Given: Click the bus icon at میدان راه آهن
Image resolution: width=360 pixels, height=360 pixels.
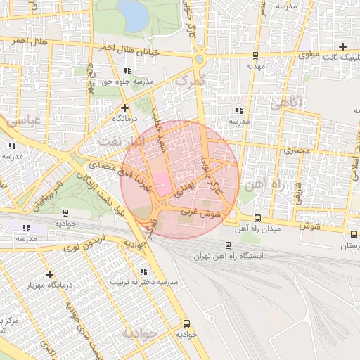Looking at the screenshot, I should tap(257, 218).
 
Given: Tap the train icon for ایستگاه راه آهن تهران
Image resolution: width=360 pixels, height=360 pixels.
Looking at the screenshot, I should tap(228, 245).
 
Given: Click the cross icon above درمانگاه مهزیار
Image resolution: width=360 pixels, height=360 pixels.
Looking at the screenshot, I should tap(49, 274).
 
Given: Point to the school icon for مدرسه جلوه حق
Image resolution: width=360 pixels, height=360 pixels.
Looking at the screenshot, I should tap(127, 70).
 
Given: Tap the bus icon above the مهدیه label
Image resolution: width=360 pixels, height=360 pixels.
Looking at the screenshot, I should tap(255, 55).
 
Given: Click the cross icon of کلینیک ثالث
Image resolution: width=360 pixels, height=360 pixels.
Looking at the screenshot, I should tap(342, 46).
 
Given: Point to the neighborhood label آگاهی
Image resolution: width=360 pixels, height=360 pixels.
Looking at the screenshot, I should tap(285, 103).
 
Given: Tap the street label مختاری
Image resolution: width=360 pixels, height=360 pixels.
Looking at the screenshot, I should tap(296, 150).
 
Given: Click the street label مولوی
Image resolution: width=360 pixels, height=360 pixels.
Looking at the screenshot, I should tap(309, 53).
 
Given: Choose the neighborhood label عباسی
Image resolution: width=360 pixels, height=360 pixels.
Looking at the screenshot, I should tap(24, 121).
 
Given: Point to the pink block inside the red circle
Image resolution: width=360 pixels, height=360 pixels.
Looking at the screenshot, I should tap(161, 184).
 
